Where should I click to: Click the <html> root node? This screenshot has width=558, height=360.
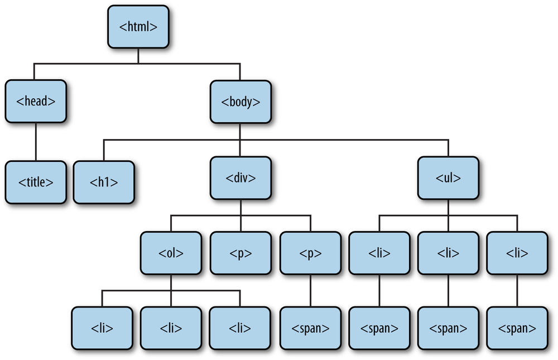point(138,27)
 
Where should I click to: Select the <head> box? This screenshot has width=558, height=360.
point(36,102)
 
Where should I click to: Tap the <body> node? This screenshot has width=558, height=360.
point(240,102)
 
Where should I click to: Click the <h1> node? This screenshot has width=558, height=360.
point(104,181)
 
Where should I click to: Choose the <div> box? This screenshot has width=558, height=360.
point(240,178)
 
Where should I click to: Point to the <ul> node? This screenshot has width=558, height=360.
point(448,178)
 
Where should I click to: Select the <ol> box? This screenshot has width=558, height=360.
point(171,253)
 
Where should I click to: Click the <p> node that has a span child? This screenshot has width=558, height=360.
point(310,253)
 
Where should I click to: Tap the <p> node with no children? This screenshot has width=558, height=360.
point(240,253)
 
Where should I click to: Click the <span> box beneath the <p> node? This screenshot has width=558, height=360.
point(310,328)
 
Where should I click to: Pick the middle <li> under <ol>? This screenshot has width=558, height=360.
point(171,328)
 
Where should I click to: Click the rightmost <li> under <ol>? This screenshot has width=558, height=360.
point(240,328)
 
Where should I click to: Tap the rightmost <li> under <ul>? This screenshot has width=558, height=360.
point(517,253)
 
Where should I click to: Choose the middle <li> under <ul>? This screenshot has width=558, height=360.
point(448,253)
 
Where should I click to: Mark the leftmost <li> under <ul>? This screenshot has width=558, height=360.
point(379,253)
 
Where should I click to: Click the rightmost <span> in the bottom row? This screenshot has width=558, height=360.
point(517,328)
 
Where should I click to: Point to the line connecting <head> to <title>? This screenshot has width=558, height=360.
point(36,142)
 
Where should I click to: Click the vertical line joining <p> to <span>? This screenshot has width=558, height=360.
point(310,290)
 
